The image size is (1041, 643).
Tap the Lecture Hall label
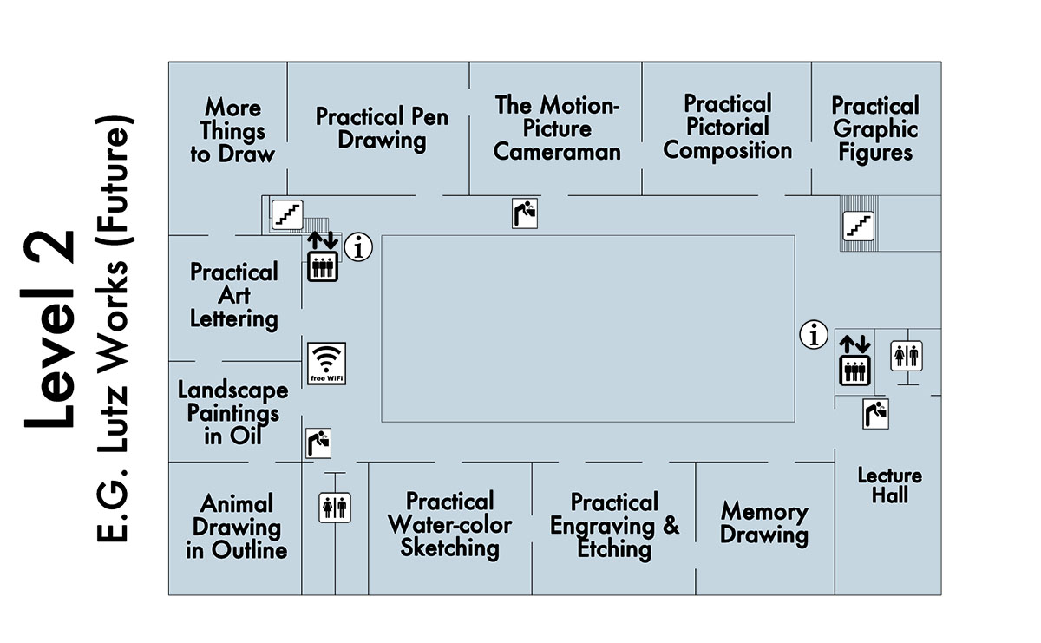point(889,485)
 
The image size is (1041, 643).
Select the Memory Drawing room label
point(763,523)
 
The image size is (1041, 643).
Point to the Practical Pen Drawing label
point(382,128)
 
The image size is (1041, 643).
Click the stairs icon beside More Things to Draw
point(287,213)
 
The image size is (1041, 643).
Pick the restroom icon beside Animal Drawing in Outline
point(335,508)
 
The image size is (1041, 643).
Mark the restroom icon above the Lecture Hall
point(907,356)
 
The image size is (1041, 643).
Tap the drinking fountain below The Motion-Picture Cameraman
point(525,213)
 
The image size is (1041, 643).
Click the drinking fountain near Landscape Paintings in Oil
point(318,443)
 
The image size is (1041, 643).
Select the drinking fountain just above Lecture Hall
point(876,413)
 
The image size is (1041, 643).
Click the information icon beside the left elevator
point(358,247)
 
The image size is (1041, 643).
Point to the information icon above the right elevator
point(814,334)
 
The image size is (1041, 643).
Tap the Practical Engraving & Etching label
point(614,525)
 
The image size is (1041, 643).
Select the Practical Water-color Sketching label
point(449,524)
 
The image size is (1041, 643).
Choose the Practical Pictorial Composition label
point(727,128)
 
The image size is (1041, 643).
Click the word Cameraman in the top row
point(557,152)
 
